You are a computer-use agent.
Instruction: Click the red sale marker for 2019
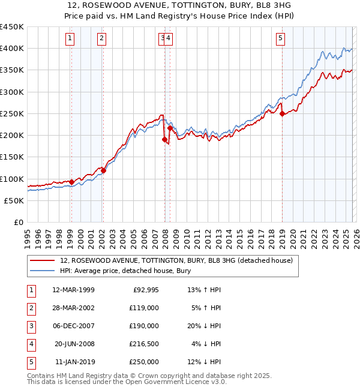point(282,114)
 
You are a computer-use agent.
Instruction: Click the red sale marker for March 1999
point(71,182)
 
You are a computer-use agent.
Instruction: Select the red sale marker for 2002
point(103,170)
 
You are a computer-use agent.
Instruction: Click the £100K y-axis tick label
point(12,179)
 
